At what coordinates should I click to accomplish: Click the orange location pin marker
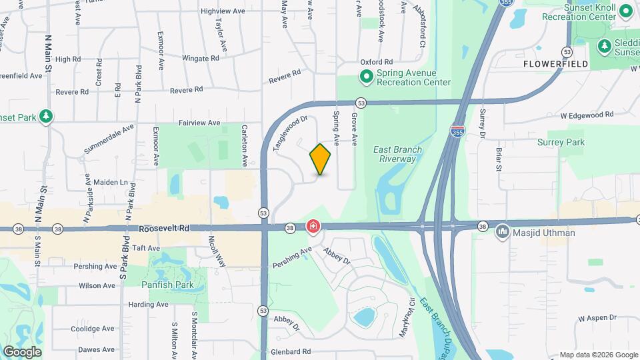click(x=321, y=159)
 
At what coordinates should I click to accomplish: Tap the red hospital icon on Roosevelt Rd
click(x=313, y=227)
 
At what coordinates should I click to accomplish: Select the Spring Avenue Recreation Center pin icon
click(x=366, y=77)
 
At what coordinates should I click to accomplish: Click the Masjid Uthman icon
click(x=501, y=233)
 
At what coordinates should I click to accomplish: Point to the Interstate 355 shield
click(x=457, y=130)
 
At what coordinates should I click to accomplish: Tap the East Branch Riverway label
click(x=398, y=154)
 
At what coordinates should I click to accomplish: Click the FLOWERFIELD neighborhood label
click(x=555, y=64)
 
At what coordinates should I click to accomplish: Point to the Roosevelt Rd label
click(x=165, y=228)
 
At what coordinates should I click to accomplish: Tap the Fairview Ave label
click(x=199, y=123)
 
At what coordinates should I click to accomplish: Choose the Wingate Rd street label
click(x=201, y=59)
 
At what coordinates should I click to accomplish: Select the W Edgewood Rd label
click(x=587, y=115)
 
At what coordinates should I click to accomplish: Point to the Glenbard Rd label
click(x=291, y=351)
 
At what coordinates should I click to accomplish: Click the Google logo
click(x=22, y=351)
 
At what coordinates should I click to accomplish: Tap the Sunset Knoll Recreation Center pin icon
click(x=626, y=11)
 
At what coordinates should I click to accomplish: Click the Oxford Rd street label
click(x=375, y=61)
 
